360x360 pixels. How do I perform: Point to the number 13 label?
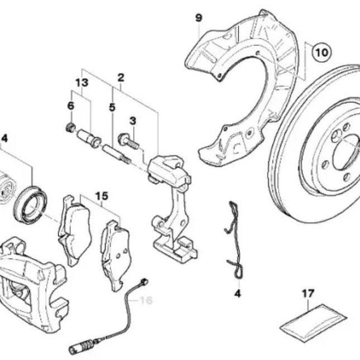82,83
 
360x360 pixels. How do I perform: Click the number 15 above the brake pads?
101,196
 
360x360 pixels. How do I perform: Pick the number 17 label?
308,292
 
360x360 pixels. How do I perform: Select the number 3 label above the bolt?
132,120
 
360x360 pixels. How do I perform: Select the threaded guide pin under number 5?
117,153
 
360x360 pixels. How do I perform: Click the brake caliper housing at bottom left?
31,285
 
